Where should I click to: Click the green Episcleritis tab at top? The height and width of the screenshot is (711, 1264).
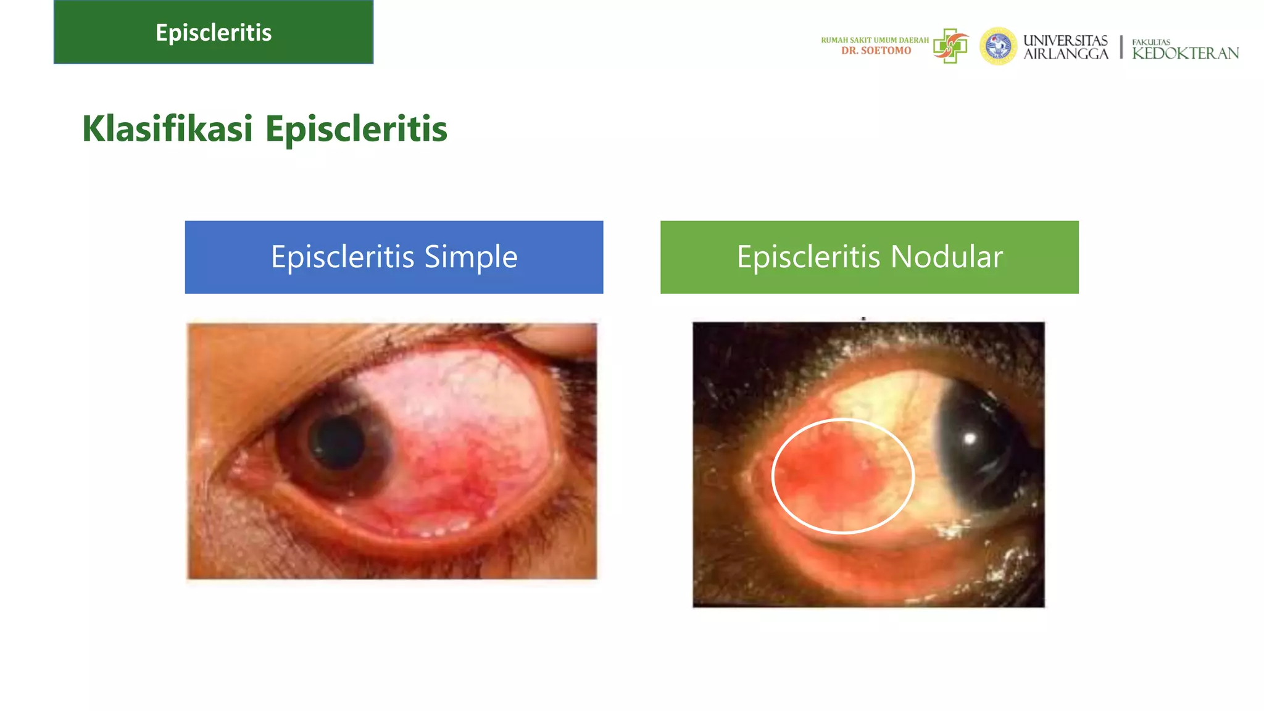214,32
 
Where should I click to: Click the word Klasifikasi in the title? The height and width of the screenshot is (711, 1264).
167,129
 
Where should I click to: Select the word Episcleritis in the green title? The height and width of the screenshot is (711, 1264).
356,129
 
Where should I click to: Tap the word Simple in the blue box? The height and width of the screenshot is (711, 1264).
470,257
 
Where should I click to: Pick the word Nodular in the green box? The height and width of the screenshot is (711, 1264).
946,257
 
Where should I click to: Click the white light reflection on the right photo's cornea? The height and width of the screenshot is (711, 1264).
970,439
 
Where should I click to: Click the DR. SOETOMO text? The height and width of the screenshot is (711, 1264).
876,51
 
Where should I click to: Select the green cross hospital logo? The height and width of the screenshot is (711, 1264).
950,46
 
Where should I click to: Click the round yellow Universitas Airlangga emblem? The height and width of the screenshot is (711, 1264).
998,46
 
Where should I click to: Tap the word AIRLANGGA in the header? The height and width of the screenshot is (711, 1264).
1065,54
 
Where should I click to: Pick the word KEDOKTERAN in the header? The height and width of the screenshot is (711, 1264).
1185,54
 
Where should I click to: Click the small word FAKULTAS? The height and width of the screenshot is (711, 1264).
1151,42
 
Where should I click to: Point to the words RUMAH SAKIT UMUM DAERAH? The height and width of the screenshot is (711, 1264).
875,40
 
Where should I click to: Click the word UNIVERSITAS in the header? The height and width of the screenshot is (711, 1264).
1065,40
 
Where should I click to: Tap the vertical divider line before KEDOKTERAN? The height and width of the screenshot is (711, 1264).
1121,47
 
